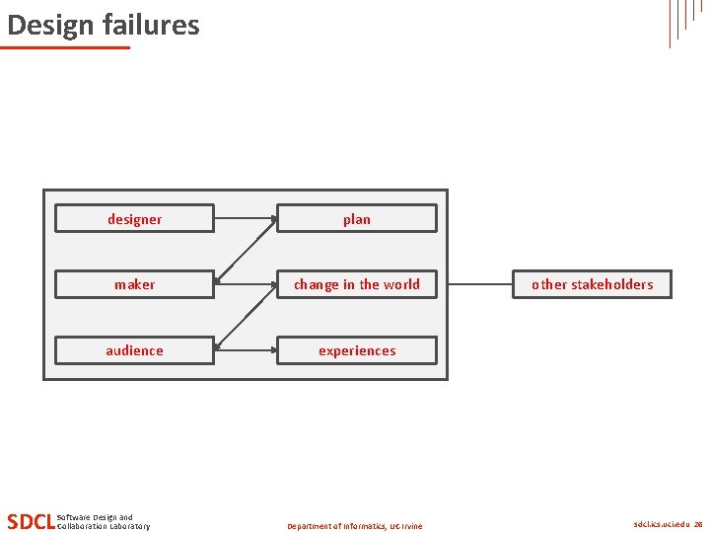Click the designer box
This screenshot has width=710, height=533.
pyautogui.click(x=134, y=219)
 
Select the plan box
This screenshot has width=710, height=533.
pyautogui.click(x=356, y=219)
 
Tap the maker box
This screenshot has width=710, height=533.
pyautogui.click(x=134, y=284)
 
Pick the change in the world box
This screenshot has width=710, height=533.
pyautogui.click(x=356, y=284)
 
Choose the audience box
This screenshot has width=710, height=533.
pyautogui.click(x=134, y=350)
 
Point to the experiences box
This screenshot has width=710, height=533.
pyautogui.click(x=356, y=350)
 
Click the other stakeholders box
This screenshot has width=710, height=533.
pyautogui.click(x=592, y=284)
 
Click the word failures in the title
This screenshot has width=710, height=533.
pyautogui.click(x=146, y=25)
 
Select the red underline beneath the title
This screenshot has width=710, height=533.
pyautogui.click(x=65, y=46)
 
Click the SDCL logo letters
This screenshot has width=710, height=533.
pyautogui.click(x=31, y=521)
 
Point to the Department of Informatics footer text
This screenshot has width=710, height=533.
pyautogui.click(x=355, y=526)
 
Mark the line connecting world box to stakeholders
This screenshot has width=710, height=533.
pyautogui.click(x=480, y=284)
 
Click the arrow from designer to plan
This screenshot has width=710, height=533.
pyautogui.click(x=245, y=217)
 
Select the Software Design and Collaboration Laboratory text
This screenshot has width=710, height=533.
pyautogui.click(x=104, y=521)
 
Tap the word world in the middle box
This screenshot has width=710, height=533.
pyautogui.click(x=401, y=284)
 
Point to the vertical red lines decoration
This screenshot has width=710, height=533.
pyautogui.click(x=684, y=20)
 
